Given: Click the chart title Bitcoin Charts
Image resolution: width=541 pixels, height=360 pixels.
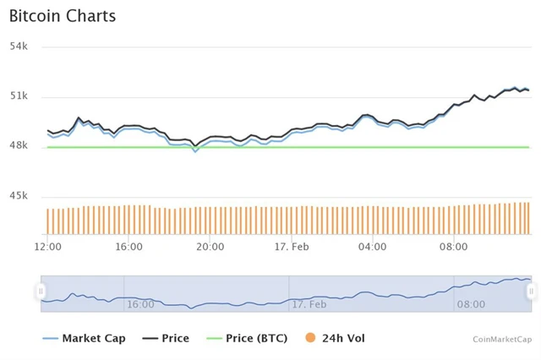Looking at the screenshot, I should [x=63, y=16].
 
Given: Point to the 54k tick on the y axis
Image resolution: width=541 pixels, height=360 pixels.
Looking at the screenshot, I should [x=19, y=46].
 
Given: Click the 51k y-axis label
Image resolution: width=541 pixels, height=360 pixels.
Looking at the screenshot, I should [x=19, y=95].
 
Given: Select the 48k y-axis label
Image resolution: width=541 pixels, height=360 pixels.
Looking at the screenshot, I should [x=19, y=145].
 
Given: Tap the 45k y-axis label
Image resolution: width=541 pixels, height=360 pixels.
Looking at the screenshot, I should [x=19, y=196].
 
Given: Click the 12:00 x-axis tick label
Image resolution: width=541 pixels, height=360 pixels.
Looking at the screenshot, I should [x=47, y=247].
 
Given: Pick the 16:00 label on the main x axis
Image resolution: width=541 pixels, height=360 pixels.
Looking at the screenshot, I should [x=128, y=247].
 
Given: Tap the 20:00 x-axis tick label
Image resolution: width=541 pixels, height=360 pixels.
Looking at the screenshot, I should [x=210, y=247].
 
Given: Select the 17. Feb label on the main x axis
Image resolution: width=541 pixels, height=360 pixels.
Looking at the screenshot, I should [x=292, y=247].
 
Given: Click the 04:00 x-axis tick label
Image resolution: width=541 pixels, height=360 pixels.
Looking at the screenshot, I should [x=373, y=247].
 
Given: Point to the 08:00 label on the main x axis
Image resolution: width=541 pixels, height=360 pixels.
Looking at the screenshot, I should [x=454, y=247].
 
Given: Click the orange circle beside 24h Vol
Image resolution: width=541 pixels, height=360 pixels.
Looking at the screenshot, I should [x=310, y=338].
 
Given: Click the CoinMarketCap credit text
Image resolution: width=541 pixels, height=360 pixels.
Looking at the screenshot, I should [x=502, y=339].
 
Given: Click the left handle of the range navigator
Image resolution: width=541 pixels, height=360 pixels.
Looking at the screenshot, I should [x=41, y=291].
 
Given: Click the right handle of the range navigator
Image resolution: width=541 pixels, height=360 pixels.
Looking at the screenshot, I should [x=531, y=291].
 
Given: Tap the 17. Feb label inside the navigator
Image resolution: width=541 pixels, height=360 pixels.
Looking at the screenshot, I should [x=309, y=303].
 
